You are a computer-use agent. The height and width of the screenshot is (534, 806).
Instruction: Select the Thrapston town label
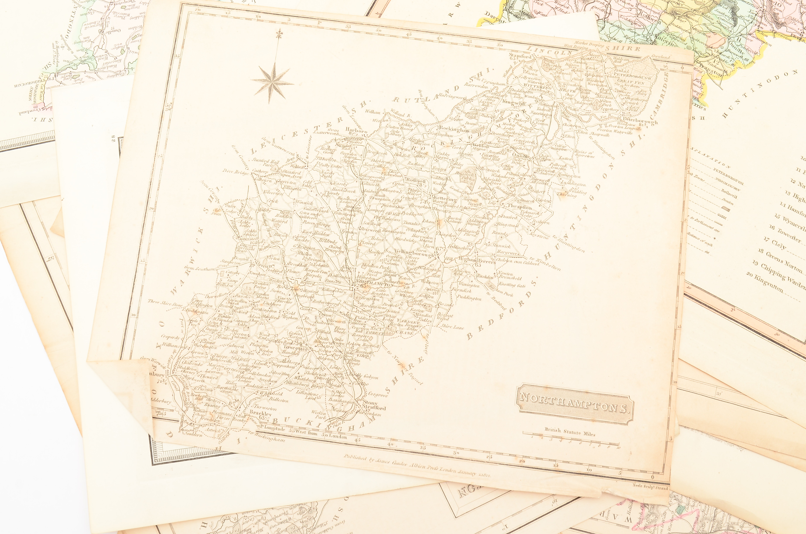[x=519, y=207]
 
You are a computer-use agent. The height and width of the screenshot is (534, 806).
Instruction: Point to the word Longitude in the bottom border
[x=274, y=429]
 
